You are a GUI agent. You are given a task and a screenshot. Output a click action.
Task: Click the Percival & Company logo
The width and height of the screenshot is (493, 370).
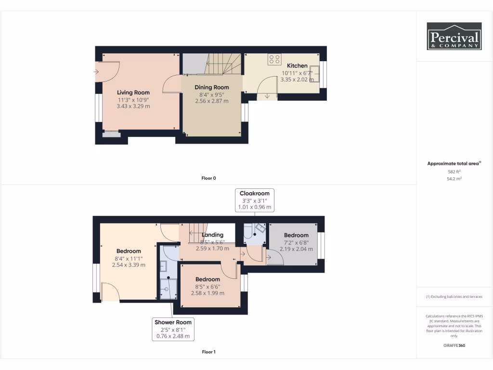pyautogui.click(x=454, y=36)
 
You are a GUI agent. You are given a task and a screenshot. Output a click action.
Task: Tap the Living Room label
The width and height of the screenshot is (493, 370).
pyautogui.click(x=133, y=92)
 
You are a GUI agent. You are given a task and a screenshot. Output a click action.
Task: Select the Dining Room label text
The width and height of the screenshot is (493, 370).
pyautogui.click(x=211, y=87)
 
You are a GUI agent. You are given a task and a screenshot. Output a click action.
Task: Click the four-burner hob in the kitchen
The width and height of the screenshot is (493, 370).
pyautogui.click(x=275, y=59)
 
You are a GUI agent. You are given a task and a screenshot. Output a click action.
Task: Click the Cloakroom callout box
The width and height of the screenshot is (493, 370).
pyautogui.click(x=255, y=200)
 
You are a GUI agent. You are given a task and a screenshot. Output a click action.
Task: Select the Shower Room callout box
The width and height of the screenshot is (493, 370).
pyautogui.click(x=173, y=329)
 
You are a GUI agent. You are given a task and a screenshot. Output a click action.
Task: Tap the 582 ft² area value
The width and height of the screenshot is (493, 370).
pyautogui.click(x=454, y=172)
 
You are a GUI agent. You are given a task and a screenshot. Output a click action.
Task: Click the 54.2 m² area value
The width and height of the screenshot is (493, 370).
pyautogui.click(x=454, y=179)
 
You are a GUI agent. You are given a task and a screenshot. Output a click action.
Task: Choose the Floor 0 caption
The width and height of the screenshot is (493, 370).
pyautogui.click(x=208, y=178)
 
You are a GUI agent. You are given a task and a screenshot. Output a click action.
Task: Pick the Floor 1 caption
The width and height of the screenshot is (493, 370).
pyautogui.click(x=208, y=352)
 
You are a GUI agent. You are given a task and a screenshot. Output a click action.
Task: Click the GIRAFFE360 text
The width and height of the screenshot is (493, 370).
pyautogui.click(x=454, y=345)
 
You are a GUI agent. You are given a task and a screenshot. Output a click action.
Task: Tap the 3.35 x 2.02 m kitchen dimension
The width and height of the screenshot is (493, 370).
pyautogui.click(x=297, y=80)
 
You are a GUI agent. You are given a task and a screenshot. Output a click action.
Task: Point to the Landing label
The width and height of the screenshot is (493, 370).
pyautogui.click(x=212, y=235)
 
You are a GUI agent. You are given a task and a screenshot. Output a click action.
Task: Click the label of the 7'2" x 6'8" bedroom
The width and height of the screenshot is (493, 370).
pyautogui.click(x=296, y=235)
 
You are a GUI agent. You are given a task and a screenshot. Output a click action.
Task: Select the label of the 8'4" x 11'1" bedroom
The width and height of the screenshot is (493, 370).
pyautogui.click(x=129, y=251)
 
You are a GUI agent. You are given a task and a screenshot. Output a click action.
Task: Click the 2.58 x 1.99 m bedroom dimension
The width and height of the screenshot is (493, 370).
pyautogui.click(x=208, y=293)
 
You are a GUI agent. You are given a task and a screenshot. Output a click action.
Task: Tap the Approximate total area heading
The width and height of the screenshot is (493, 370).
pyautogui.click(x=453, y=164)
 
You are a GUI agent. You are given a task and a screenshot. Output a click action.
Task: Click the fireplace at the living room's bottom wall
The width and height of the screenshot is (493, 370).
pyautogui.click(x=111, y=134)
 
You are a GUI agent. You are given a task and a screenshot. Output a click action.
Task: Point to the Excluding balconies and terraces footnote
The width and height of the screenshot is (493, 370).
pyautogui.click(x=454, y=297)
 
